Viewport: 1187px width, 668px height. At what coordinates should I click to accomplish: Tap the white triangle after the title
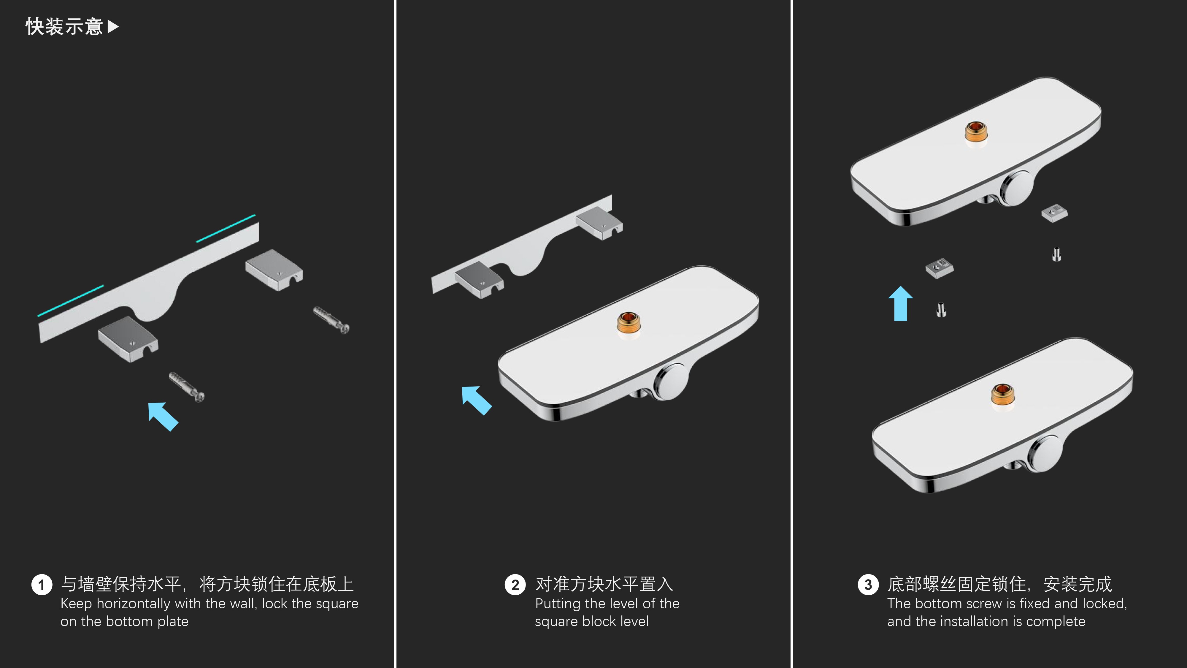[113, 27]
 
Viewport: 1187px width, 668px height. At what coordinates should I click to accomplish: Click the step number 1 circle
[42, 585]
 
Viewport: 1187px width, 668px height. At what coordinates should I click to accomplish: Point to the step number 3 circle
[868, 585]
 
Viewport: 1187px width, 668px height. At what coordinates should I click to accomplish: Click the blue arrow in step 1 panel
[163, 416]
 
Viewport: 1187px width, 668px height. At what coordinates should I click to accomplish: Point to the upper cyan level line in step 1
[226, 228]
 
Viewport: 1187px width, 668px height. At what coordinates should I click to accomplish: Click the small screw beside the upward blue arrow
[941, 309]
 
